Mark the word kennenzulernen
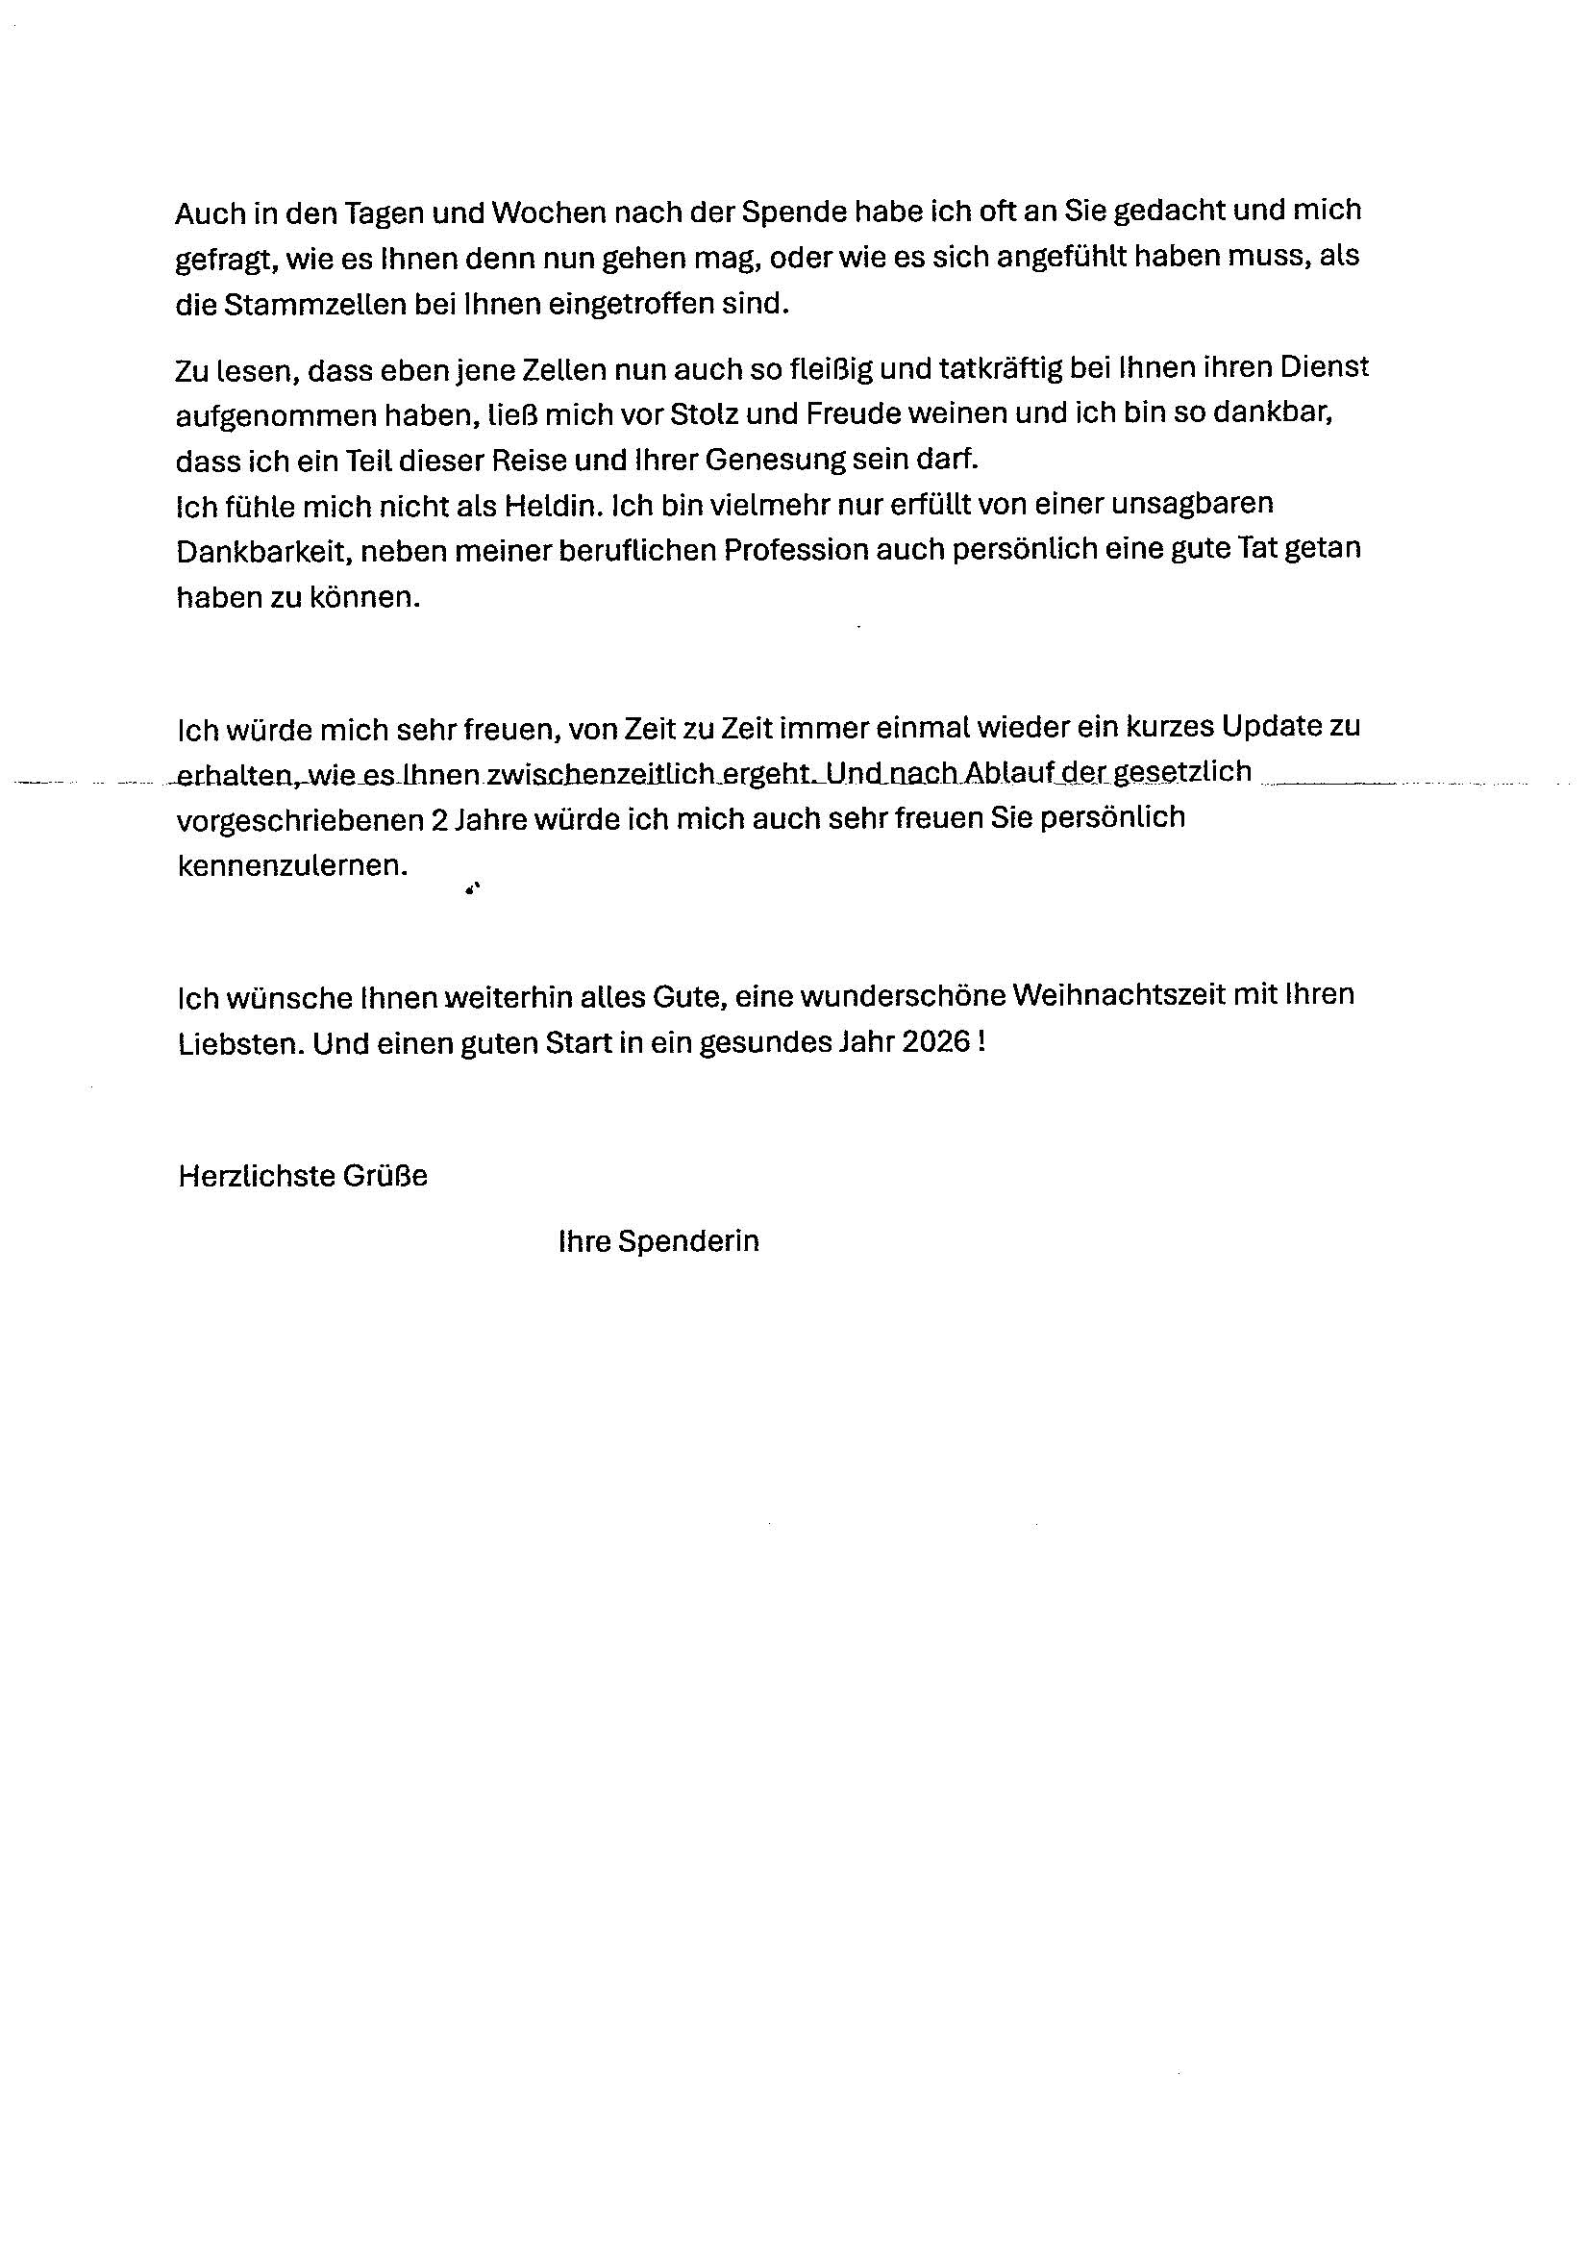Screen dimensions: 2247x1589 291,866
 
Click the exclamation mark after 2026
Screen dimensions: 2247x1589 981,1042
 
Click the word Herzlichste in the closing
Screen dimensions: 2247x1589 257,1176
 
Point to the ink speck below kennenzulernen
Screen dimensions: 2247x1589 473,888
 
